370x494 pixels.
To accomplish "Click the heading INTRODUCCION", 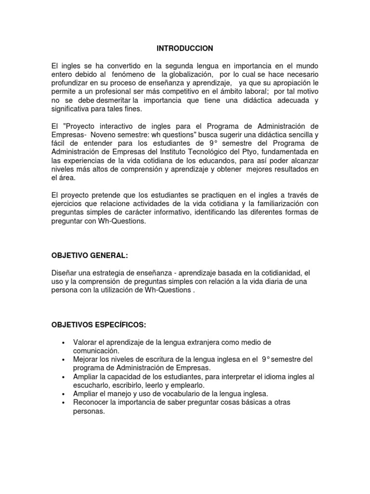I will [x=185, y=49].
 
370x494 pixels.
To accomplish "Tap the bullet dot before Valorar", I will [x=64, y=342].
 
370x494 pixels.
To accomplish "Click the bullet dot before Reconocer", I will [x=64, y=403].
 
